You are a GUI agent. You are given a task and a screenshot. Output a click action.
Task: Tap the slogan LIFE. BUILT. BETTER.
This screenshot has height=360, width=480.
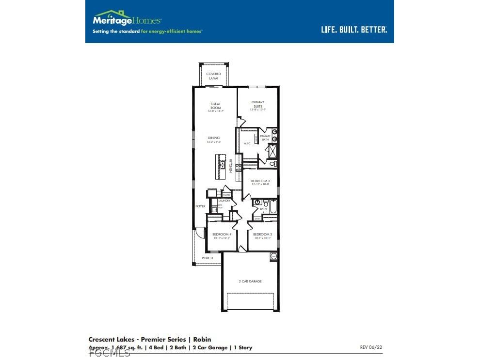pos(354,30)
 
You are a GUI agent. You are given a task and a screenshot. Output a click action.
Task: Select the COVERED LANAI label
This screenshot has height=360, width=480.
pos(213,76)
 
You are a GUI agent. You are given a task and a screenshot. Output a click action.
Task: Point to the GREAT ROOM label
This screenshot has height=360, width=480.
pos(216,106)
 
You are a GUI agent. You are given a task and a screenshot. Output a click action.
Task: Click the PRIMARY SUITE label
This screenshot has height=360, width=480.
pos(257,104)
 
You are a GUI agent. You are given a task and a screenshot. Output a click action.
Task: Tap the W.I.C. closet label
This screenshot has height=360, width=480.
pos(246,143)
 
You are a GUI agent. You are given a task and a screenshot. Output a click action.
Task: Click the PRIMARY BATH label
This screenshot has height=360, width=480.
pos(265,138)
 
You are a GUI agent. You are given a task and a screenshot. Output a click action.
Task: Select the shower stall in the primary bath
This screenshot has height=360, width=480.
pos(272,151)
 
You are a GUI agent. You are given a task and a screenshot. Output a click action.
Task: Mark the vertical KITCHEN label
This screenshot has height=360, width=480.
pos(231,166)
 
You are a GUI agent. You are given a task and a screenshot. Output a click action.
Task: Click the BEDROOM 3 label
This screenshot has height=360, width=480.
pos(260,182)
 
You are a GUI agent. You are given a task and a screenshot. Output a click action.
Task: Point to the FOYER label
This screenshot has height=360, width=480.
pos(200,206)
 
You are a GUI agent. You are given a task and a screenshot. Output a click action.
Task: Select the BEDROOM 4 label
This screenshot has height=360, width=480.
pos(222,235)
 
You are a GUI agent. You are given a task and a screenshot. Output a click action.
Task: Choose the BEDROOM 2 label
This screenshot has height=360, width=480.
pos(262,235)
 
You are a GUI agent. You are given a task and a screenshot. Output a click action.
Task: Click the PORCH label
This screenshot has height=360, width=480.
pos(208,258)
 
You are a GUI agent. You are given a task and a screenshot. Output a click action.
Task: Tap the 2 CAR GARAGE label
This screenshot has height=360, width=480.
pos(250,281)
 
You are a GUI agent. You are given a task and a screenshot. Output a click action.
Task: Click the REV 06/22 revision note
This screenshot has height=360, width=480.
pos(371,347)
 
